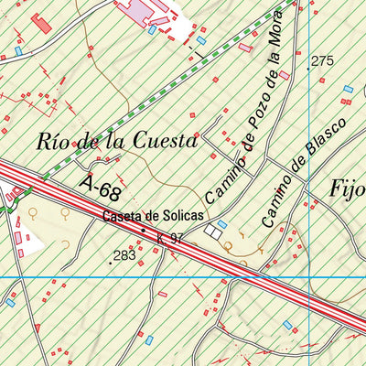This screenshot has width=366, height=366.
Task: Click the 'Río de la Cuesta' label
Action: click(117, 142)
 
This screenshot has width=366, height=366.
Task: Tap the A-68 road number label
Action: click(100, 189)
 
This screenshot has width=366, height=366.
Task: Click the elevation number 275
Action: click(321, 61)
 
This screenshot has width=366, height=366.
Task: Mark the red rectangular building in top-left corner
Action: click(41, 23)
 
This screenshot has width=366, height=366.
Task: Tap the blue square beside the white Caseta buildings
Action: click(222, 223)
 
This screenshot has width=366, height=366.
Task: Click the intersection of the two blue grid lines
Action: click(309, 276)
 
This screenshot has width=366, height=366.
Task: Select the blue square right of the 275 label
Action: click(348, 89)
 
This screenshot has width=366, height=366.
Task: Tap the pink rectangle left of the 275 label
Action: click(285, 75)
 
